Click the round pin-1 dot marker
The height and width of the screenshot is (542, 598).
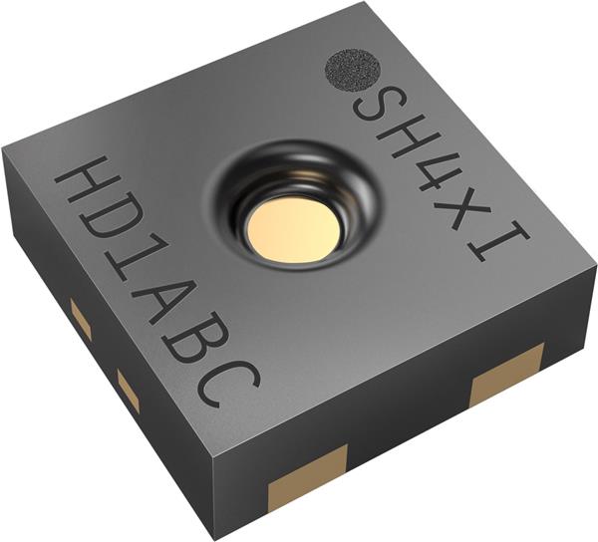pos(351,71)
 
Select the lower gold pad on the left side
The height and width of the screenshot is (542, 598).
pos(129,390)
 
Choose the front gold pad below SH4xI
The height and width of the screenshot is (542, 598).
pos(507,374)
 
